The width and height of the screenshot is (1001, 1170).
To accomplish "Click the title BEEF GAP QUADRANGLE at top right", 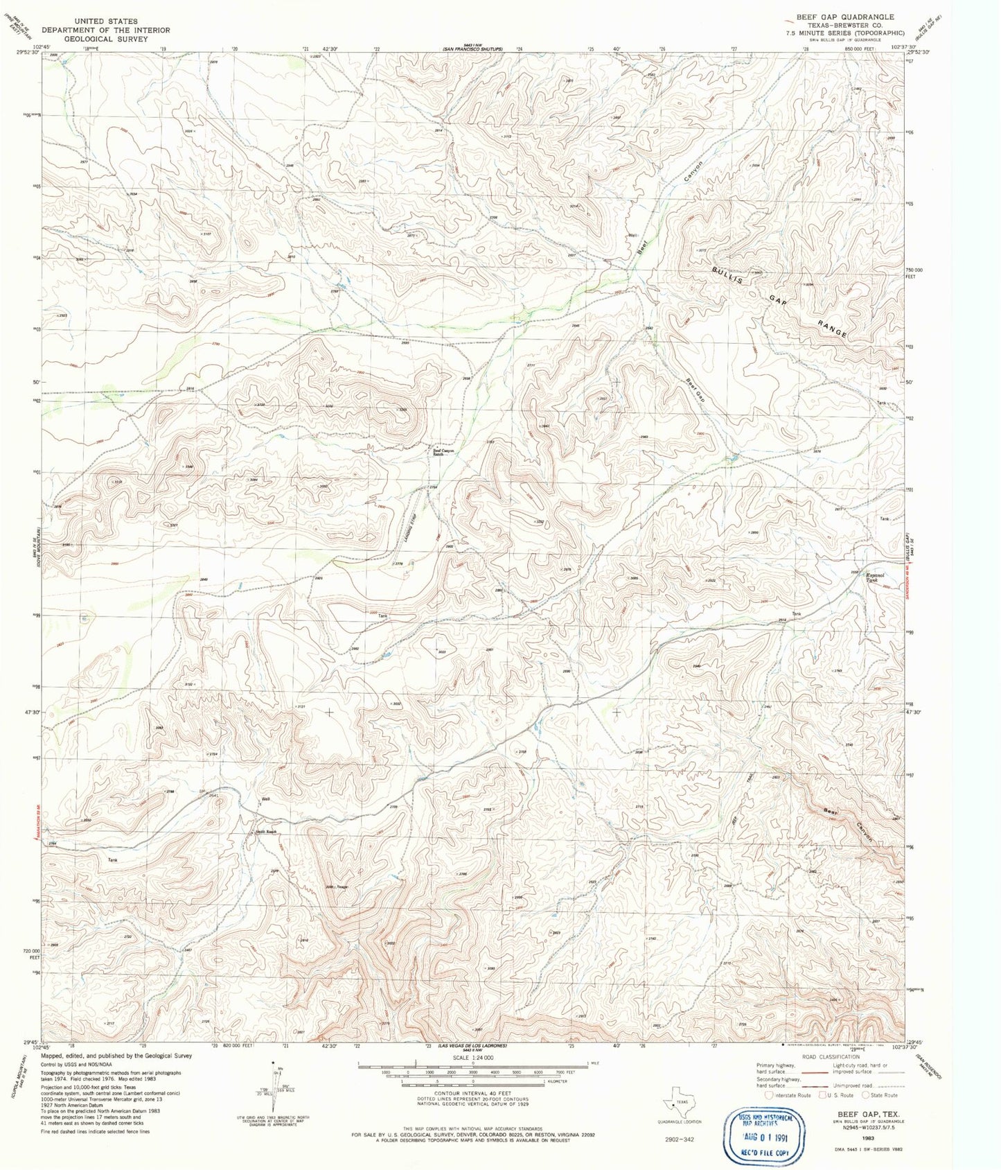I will [x=844, y=17].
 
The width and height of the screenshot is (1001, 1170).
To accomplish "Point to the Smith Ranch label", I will [x=266, y=832].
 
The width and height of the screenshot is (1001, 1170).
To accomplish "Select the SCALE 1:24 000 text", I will [x=472, y=1058].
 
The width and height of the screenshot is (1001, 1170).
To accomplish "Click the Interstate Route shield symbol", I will [x=769, y=1095].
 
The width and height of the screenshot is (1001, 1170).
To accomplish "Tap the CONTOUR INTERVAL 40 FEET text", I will [x=472, y=1093].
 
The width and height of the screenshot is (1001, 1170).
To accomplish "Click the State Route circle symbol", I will [x=865, y=1095].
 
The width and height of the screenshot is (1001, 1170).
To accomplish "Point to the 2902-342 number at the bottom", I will [x=679, y=1138].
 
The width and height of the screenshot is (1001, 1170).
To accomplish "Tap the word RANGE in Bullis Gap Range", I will [x=831, y=329].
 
